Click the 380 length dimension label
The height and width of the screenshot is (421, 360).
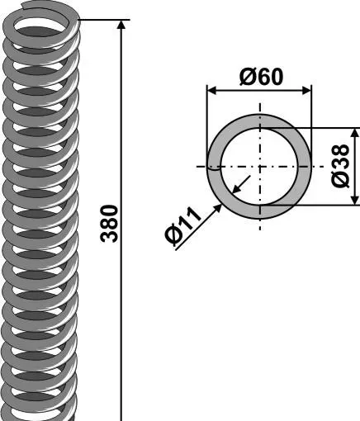pos(109,224)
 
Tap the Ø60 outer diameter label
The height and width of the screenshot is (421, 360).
pos(261,77)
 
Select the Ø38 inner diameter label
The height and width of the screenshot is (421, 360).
pos(340,167)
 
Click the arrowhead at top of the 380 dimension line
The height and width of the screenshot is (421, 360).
pos(121,24)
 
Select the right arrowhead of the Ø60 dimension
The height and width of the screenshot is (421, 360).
pos(306,90)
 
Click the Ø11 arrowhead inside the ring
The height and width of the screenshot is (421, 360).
pos(236,189)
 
